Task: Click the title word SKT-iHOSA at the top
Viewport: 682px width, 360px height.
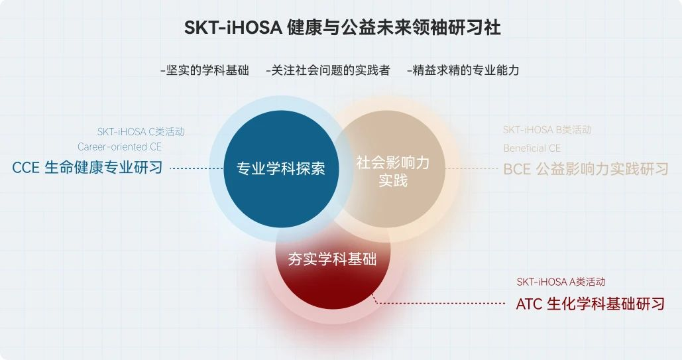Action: tap(233, 28)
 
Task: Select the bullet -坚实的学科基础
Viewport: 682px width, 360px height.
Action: tap(204, 70)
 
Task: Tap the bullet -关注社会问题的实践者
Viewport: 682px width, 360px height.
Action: tap(327, 70)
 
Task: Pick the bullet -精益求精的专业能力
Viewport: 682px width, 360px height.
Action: tap(463, 70)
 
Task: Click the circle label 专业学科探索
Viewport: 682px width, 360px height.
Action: tap(281, 168)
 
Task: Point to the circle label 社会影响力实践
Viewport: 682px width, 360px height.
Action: tap(392, 171)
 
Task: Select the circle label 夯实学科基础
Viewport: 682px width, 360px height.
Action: tap(332, 259)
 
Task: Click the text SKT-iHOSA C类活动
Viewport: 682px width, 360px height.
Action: tap(141, 132)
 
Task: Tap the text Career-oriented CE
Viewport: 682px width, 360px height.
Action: tap(119, 147)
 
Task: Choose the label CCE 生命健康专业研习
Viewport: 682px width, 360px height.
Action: tap(87, 168)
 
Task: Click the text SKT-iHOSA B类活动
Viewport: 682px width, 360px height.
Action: tap(547, 130)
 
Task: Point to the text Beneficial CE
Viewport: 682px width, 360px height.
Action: tap(532, 148)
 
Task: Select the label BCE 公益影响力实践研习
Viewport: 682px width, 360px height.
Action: tap(586, 169)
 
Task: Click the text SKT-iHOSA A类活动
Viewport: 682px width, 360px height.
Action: tap(561, 282)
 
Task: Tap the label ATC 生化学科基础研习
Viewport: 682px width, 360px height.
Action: tap(590, 304)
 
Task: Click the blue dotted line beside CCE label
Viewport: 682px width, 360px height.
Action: tap(196, 168)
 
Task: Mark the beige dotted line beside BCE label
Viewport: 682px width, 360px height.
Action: tap(472, 168)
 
